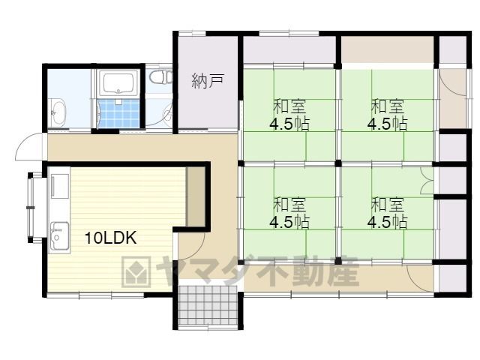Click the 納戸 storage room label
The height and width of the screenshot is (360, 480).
pos(208,81)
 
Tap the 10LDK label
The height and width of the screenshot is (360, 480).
pos(110,238)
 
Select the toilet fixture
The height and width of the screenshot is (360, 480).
pos(161,76)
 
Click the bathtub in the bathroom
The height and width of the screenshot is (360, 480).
pos(118,82)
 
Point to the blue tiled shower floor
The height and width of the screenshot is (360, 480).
pos(118,113)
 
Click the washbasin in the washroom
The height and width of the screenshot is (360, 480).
pos(58,112)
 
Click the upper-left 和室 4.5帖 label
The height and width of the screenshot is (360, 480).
pos(289,115)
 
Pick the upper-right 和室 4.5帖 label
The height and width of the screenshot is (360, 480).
pos(387,115)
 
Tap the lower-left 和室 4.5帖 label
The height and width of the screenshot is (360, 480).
pos(289,213)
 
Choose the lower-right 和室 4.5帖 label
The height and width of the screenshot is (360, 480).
pos(387,213)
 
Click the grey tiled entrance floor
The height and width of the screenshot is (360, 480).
pos(208,307)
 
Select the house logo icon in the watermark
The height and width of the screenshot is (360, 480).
pos(136,271)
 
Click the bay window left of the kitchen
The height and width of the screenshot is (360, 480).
pos(34,208)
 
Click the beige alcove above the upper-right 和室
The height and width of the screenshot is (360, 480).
pos(387,50)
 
